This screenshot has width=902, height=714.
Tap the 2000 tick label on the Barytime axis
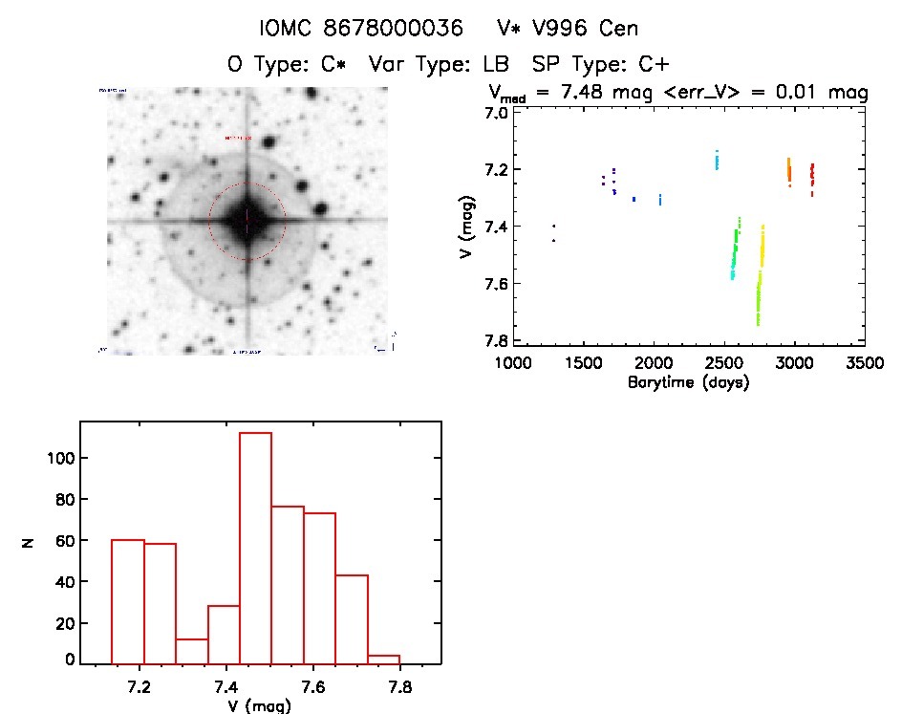coord(654,365)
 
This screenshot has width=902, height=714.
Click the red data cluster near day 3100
coord(811,176)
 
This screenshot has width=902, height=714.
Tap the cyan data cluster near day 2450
coord(717,160)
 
